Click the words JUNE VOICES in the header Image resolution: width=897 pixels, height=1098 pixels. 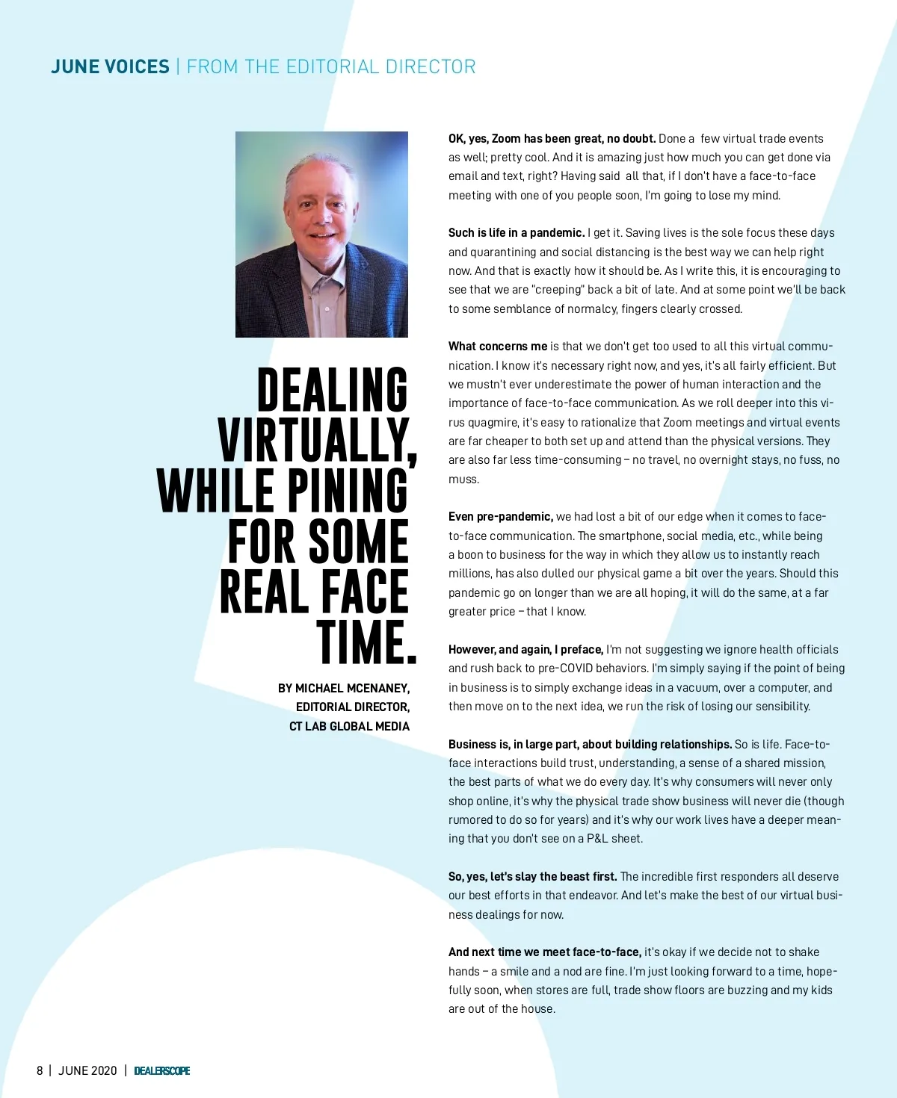point(110,67)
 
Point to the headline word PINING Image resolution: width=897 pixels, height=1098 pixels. point(348,491)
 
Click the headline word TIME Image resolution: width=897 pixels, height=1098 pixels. point(366,642)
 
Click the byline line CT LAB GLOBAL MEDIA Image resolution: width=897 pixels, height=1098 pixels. point(349,726)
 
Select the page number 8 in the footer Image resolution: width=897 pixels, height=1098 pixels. point(40,1070)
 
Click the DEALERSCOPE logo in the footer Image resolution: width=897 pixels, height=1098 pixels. point(161,1070)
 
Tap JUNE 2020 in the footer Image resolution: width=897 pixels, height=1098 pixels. point(87,1070)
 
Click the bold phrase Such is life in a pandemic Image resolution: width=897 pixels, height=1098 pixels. point(517,233)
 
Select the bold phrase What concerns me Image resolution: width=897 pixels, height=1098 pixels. point(498,347)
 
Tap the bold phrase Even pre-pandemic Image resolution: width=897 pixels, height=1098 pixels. point(501,517)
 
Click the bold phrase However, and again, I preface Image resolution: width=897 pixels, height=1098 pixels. point(525,650)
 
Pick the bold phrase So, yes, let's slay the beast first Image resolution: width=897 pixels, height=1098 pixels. point(532,877)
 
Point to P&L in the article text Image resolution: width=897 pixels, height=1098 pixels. point(597,839)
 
